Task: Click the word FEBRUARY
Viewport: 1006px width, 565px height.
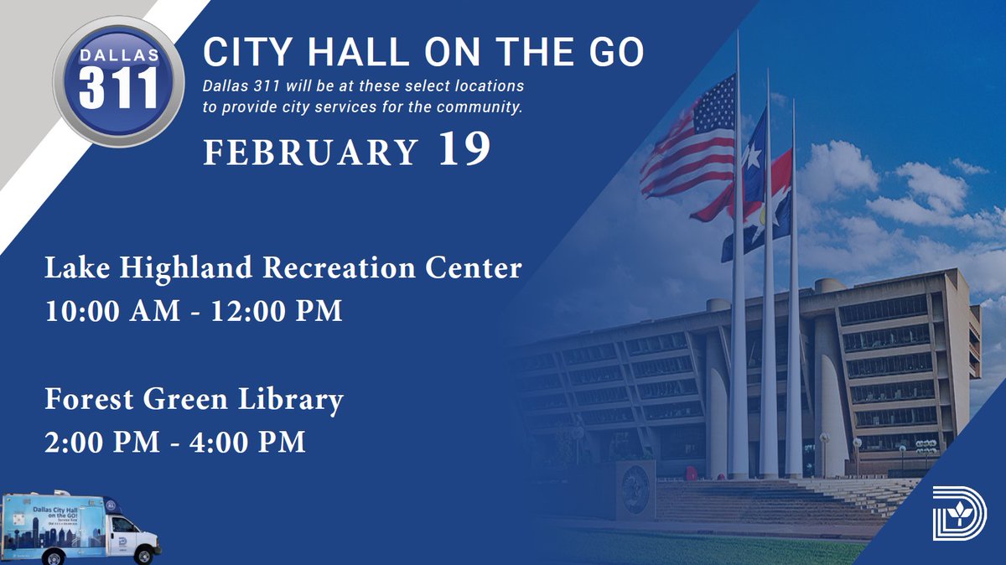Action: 310,153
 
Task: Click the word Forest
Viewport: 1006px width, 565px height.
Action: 90,401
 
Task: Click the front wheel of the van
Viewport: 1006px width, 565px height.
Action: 143,556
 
